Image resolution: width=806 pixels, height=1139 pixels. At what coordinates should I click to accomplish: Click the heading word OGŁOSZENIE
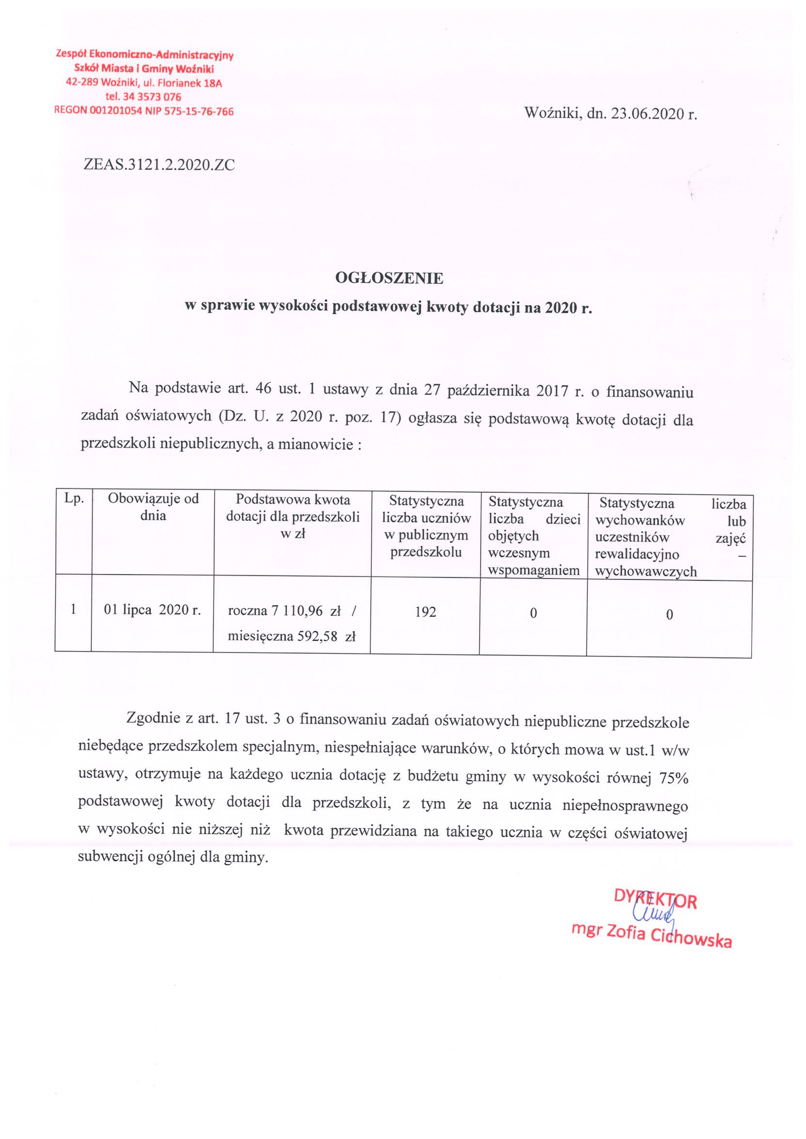point(389,279)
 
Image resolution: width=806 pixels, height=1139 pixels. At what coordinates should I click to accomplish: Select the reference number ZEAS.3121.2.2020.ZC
point(159,165)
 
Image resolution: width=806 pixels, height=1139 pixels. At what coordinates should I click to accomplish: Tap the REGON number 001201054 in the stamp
point(116,112)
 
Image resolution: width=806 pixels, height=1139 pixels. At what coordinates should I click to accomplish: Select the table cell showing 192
point(425,612)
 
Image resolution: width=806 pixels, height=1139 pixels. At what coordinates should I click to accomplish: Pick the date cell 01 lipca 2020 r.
point(152,610)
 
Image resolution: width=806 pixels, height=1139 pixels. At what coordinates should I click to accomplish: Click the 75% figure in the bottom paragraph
point(673,779)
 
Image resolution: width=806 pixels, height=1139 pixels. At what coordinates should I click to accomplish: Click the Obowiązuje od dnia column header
point(153,507)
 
